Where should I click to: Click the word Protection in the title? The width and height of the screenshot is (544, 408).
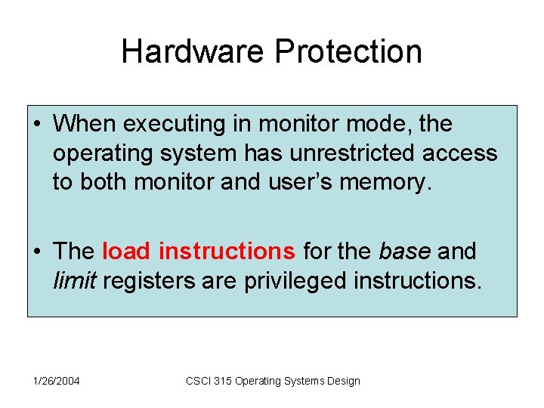click(x=348, y=51)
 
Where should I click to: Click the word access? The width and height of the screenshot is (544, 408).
click(x=460, y=153)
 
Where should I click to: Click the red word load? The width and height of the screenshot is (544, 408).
click(x=126, y=250)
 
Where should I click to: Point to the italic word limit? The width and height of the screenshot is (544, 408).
click(x=74, y=280)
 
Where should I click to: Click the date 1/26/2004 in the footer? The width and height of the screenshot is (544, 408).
click(x=56, y=381)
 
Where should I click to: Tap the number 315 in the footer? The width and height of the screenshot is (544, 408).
click(x=223, y=381)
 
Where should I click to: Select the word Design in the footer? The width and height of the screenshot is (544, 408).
click(x=343, y=381)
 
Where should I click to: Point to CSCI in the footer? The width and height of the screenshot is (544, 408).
click(x=198, y=381)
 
